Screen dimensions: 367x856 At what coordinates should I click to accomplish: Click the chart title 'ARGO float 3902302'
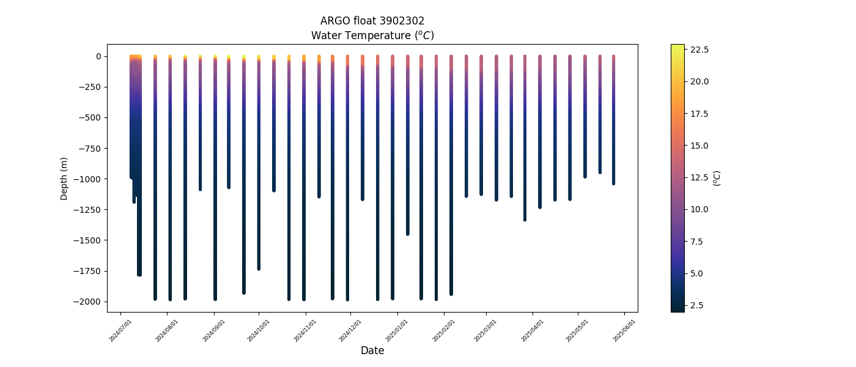[x=372, y=21]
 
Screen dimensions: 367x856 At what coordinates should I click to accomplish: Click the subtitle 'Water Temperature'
[x=372, y=35]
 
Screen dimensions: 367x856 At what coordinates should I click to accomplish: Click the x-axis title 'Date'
[x=372, y=350]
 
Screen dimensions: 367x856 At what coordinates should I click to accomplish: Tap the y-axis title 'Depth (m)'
[x=64, y=179]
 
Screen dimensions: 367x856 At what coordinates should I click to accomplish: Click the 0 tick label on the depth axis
[x=98, y=56]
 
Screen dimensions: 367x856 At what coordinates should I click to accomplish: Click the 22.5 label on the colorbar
[x=699, y=49]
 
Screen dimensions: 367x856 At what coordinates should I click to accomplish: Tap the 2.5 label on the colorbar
[x=697, y=305]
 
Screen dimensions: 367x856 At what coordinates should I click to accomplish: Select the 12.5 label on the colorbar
[x=699, y=177]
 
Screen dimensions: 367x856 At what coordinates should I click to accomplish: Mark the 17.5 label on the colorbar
[x=699, y=113]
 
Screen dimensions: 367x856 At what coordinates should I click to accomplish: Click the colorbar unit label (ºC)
[x=718, y=178]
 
